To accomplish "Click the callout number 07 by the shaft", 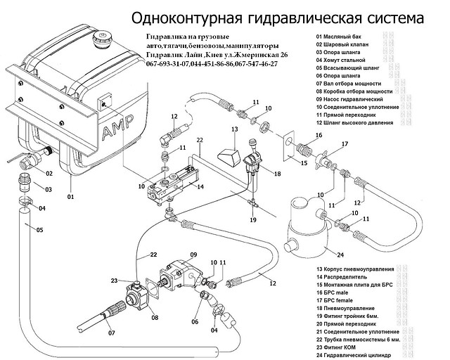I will [x=111, y=333].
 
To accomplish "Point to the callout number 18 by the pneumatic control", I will [x=276, y=172].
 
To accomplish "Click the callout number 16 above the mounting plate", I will [x=319, y=135].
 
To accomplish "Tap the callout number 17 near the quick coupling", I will [x=344, y=144].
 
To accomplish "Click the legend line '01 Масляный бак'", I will [x=342, y=36].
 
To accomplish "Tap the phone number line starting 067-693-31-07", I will [x=211, y=63].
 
